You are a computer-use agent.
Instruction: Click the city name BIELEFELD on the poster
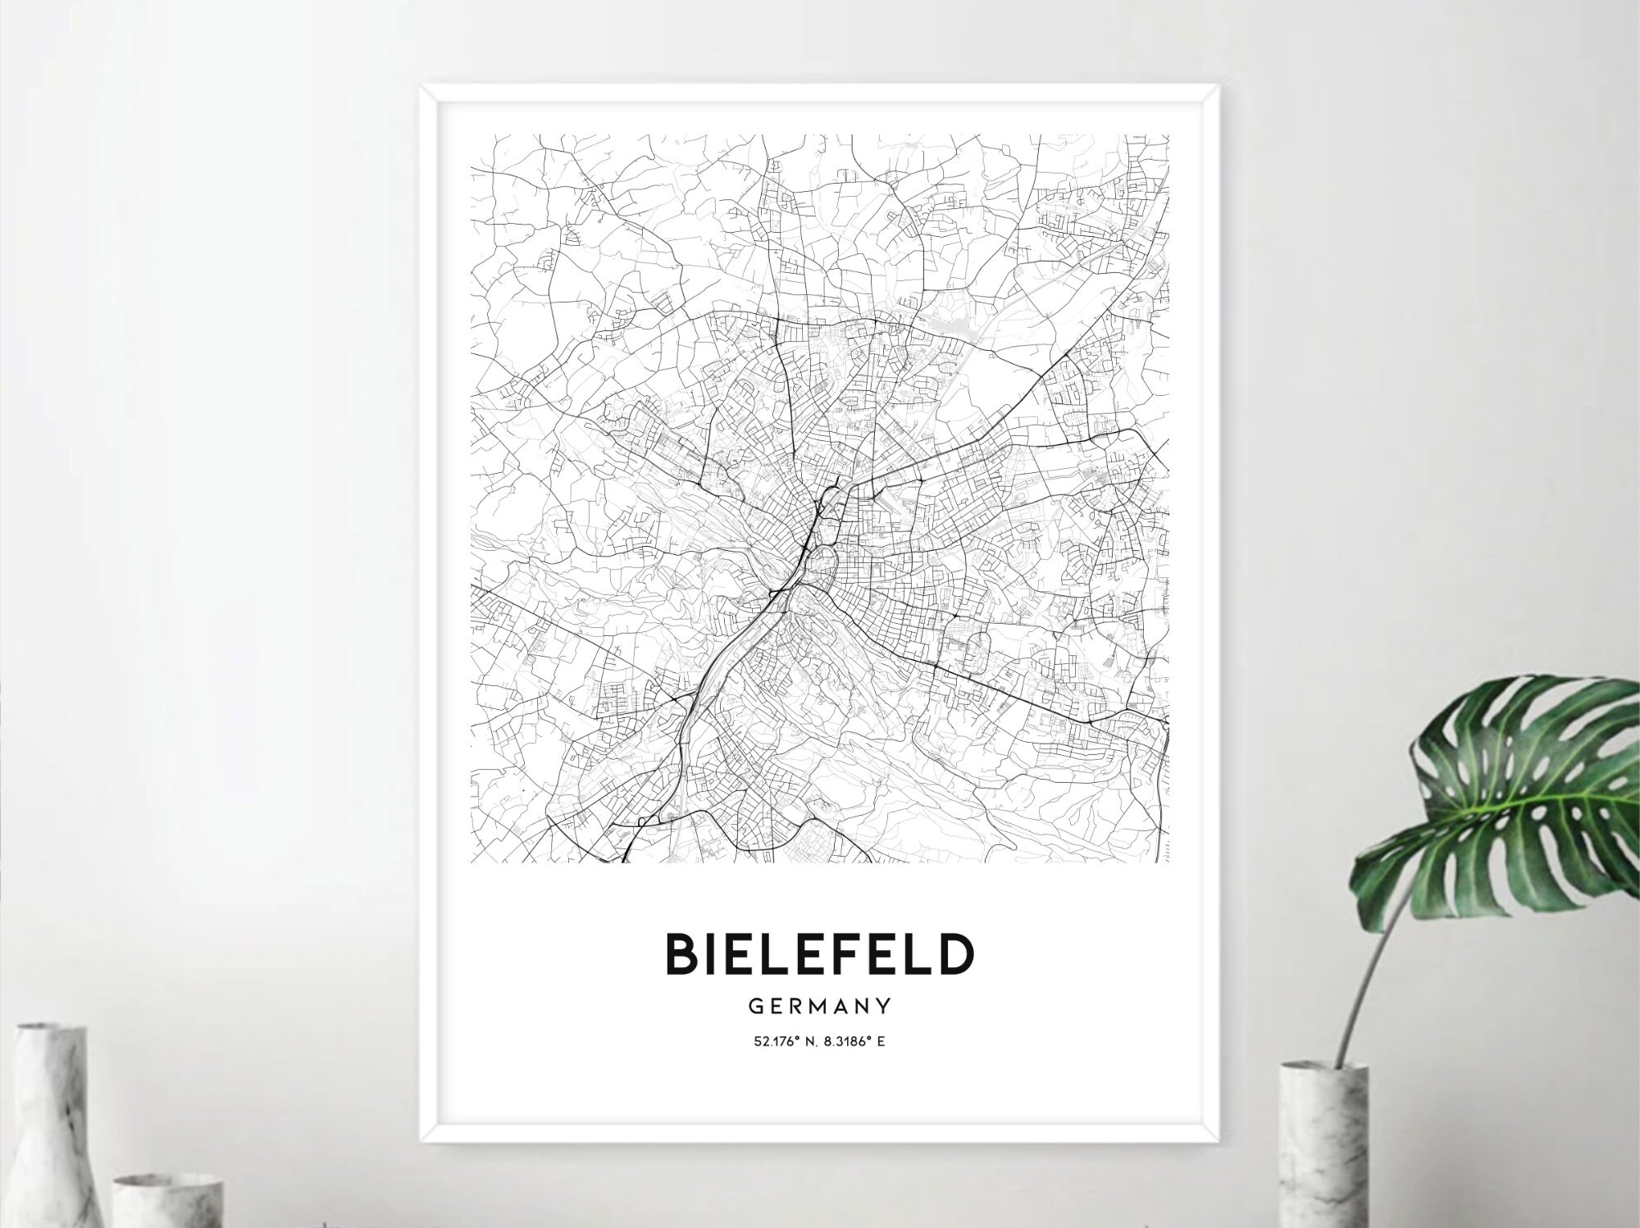coord(820,953)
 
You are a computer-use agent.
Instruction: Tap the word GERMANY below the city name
coord(820,1005)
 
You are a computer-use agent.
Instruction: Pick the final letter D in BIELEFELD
coord(957,953)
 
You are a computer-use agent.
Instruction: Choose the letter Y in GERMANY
coord(884,1005)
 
